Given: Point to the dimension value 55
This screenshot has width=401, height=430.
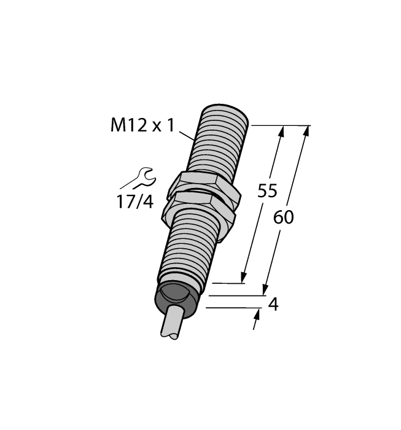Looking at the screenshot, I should coord(267,191).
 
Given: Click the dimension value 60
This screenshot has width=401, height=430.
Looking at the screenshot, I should coord(284,216).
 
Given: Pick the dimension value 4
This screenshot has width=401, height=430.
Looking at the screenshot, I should coord(274,304).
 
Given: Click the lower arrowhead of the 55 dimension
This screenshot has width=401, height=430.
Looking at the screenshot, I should coord(245,278).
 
